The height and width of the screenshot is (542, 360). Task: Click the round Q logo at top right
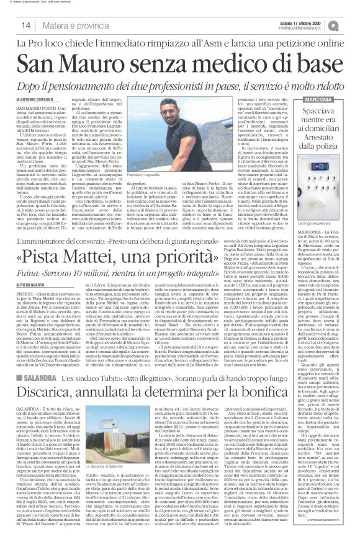(351, 24)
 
